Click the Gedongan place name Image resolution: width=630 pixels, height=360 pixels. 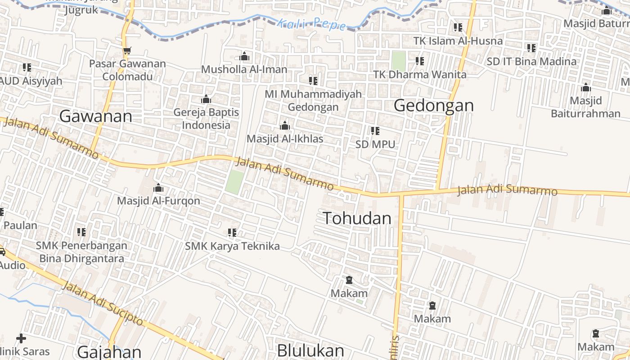[434, 105]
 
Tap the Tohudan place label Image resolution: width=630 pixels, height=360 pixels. [357, 218]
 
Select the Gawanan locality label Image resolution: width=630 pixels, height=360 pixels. [95, 116]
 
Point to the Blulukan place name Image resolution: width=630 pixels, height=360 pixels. [310, 350]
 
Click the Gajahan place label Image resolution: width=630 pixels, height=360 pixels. [109, 351]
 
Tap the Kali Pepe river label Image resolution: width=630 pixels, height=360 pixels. [312, 23]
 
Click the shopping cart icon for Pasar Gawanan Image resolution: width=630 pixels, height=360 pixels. [127, 51]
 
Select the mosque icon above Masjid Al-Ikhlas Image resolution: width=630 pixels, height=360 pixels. [284, 126]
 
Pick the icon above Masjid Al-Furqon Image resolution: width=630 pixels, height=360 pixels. [158, 188]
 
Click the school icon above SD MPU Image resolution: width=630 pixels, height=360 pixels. [375, 131]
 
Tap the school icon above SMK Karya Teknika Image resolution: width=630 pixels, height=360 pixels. [232, 233]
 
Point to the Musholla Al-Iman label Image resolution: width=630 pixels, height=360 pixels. [244, 69]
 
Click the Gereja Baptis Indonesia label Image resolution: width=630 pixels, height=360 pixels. [206, 118]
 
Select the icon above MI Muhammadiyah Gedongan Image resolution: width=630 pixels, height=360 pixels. [313, 81]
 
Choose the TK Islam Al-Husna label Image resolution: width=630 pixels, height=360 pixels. [458, 41]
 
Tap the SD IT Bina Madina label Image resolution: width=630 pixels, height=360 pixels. [531, 61]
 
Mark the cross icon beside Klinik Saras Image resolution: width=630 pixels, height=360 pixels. [21, 338]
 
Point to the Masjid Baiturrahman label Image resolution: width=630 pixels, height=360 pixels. [585, 107]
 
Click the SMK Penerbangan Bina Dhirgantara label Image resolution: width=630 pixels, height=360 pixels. [81, 252]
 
